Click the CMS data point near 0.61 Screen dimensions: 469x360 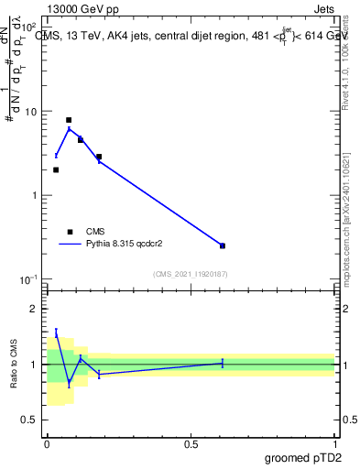tap(223, 245)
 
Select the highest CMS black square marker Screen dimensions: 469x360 tap(69, 120)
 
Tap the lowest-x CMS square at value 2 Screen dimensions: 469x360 tap(56, 169)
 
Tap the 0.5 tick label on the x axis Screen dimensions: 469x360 tap(191, 444)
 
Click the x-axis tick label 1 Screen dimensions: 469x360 tap(334, 444)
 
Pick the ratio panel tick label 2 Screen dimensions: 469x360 tap(36, 309)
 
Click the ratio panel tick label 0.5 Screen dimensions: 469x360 tap(32, 420)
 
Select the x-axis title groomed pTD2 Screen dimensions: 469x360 tap(305, 458)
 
